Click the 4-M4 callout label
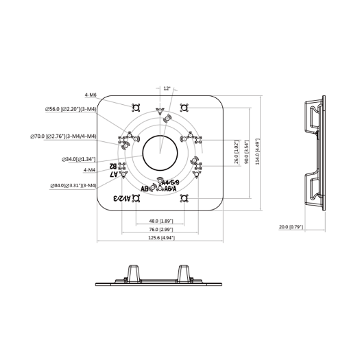point(90,169)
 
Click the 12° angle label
point(167,88)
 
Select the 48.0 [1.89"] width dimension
point(160,221)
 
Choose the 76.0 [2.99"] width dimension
point(160,230)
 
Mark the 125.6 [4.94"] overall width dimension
point(160,238)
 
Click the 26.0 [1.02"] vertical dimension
point(237,158)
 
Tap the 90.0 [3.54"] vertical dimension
point(246,150)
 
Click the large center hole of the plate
point(160,152)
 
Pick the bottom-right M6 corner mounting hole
point(184,198)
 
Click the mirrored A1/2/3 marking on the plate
point(123,198)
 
